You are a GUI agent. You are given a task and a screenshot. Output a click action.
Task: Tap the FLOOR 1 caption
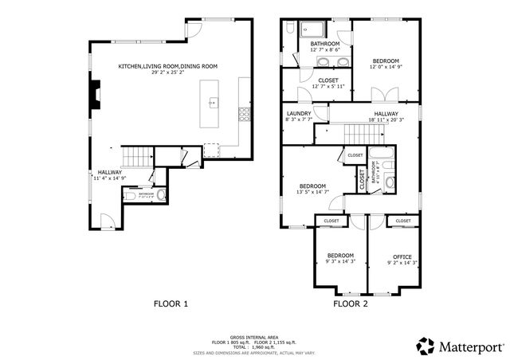pos(171,303)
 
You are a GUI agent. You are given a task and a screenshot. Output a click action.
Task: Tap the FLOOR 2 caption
pos(351,303)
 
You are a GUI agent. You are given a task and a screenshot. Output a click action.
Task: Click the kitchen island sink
pos(214,103)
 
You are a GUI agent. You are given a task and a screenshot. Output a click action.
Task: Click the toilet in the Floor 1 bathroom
pos(162,194)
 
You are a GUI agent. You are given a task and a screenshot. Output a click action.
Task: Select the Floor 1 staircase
pos(135,156)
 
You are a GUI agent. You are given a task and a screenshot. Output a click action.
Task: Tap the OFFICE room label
pos(402,256)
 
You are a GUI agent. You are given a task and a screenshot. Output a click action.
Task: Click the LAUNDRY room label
pos(298,114)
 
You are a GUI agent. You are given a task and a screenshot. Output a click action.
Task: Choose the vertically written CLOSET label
pos(362,179)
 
